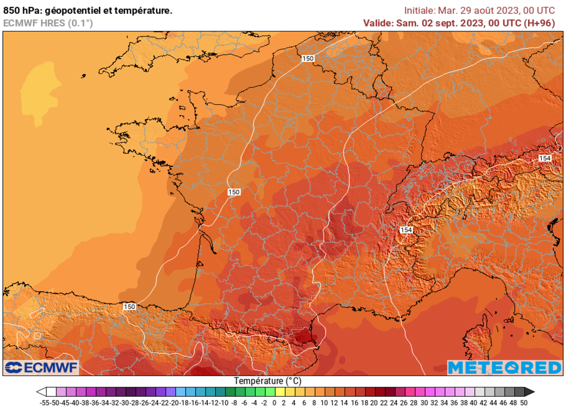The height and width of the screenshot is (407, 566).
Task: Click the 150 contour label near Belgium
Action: click(308, 58)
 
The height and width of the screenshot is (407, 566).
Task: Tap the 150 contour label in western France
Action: click(234, 192)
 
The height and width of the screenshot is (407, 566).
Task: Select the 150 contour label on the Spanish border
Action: click(129, 307)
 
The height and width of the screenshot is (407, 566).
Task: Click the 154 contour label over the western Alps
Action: click(406, 230)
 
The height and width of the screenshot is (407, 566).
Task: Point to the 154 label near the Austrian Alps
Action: click(545, 158)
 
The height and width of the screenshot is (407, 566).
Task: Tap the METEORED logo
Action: click(504, 368)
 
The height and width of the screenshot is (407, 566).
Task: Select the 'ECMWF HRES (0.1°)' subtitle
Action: click(48, 23)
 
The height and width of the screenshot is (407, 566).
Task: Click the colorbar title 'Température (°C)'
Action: click(268, 381)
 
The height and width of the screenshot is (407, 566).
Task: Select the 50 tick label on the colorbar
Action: click(524, 402)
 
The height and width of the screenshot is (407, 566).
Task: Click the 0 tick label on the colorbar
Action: click(274, 402)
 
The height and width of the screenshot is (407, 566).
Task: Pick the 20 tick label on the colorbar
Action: click(374, 402)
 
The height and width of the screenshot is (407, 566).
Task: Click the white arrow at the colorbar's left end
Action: click(41, 392)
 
